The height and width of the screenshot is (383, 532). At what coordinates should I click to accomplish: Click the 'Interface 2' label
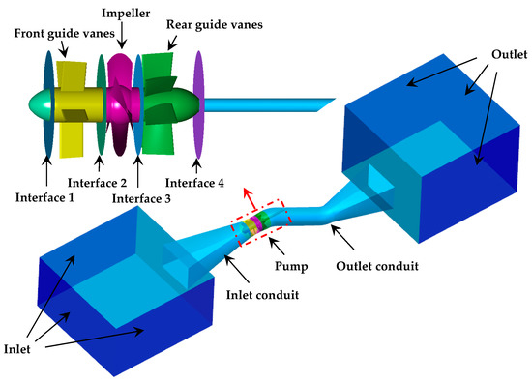point(98,182)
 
